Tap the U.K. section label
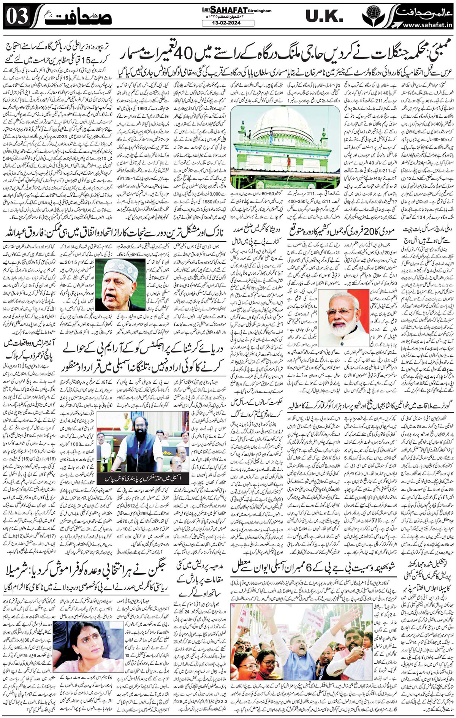tap(325, 17)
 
